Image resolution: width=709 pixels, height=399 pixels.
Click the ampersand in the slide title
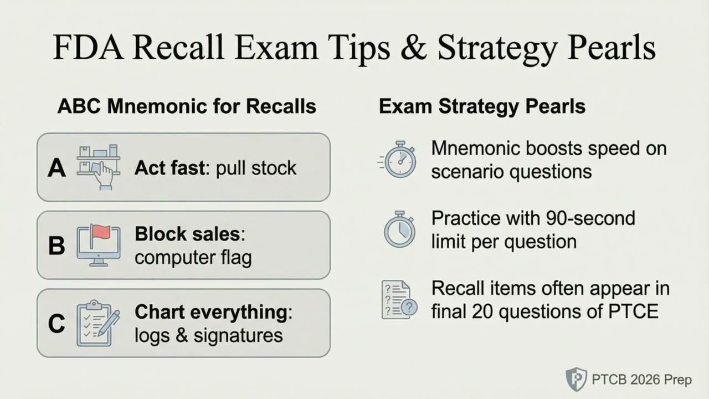click(x=411, y=48)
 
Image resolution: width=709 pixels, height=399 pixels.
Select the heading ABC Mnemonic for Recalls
click(x=187, y=106)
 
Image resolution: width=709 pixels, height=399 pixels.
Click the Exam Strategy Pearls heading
click(x=482, y=106)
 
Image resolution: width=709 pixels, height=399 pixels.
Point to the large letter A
click(x=56, y=168)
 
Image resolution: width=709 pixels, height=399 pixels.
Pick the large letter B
click(x=56, y=245)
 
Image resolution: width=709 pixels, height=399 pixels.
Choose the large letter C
click(x=56, y=324)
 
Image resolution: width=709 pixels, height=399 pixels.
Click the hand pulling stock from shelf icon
click(x=99, y=166)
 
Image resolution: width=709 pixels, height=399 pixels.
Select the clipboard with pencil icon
click(x=99, y=323)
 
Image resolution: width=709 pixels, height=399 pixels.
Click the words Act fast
click(x=169, y=168)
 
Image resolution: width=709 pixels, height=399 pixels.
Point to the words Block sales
click(x=188, y=234)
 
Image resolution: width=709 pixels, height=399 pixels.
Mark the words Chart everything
click(x=211, y=313)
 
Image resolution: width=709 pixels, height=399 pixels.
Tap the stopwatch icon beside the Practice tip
click(x=399, y=230)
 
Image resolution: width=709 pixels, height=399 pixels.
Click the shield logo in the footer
click(x=577, y=380)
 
